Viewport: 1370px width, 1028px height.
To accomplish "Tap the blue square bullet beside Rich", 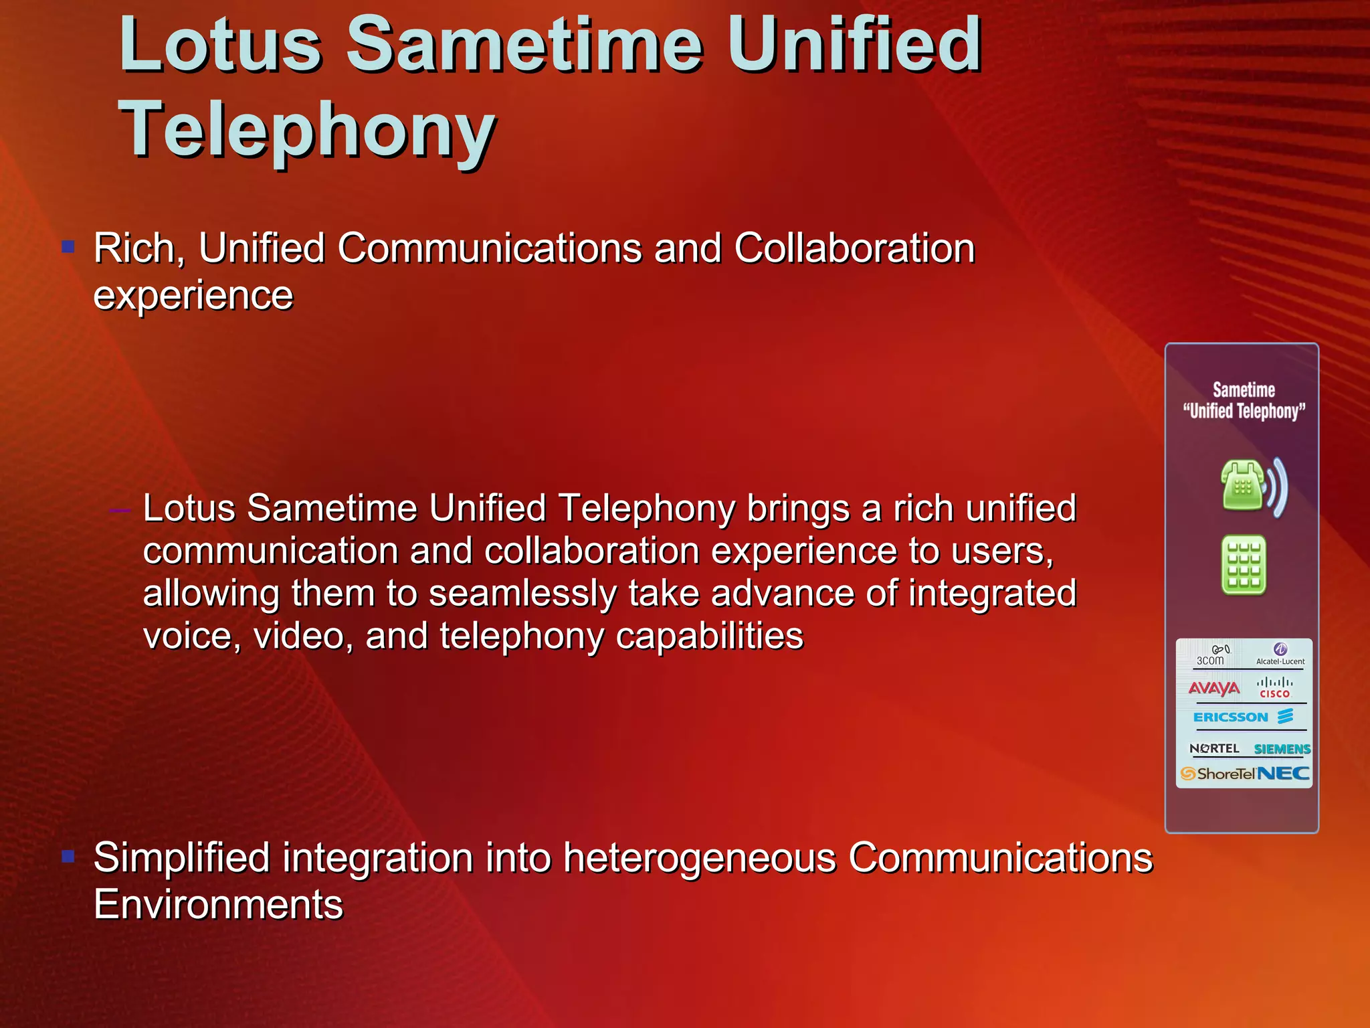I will click(68, 247).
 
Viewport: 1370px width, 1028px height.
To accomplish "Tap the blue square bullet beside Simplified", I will click(68, 856).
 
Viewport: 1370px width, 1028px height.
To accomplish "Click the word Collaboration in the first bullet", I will click(854, 248).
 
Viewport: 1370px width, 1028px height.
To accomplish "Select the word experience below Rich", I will click(193, 295).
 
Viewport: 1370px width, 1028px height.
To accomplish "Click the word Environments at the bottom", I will click(218, 904).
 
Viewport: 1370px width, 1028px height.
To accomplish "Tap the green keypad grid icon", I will click(1244, 565).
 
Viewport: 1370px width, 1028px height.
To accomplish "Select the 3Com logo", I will click(1211, 655).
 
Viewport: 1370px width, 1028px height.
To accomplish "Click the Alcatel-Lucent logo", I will click(1280, 654).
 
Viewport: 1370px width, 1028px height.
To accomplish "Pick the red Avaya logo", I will click(1213, 688).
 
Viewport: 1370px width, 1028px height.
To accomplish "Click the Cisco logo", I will click(1274, 688).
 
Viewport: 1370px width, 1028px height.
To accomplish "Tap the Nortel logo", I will click(1214, 748).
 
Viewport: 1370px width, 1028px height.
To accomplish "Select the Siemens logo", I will click(1281, 749).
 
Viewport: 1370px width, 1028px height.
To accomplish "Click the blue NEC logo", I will click(1283, 774).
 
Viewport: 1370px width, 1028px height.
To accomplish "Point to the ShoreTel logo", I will click(1217, 774).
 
